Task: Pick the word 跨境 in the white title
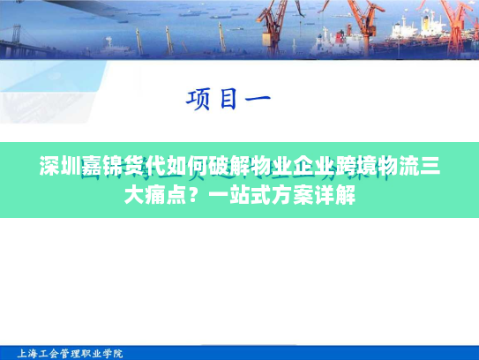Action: (x=356, y=167)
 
